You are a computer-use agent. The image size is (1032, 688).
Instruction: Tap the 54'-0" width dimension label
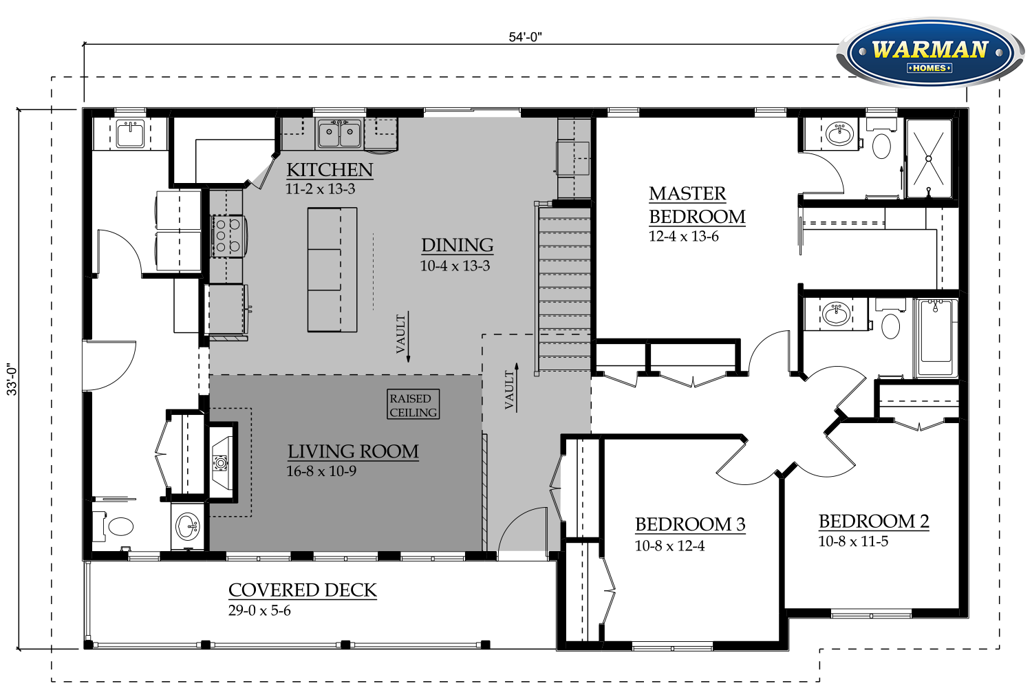click(x=525, y=37)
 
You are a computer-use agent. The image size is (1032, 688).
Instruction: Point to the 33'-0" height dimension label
click(x=12, y=380)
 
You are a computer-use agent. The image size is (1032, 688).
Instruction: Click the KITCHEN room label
click(x=330, y=169)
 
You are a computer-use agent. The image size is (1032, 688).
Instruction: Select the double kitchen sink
click(x=340, y=133)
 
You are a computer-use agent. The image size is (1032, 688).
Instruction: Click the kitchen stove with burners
click(x=228, y=235)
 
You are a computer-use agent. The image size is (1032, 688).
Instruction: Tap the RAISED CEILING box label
click(x=413, y=405)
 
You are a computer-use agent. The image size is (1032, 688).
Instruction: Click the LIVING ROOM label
click(x=353, y=451)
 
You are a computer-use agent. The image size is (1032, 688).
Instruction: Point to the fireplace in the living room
click(x=222, y=462)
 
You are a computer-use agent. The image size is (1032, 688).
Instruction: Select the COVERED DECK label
click(x=303, y=590)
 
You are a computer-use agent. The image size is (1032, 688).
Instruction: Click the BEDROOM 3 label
click(x=690, y=524)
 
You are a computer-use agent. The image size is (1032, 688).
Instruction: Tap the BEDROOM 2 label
click(x=874, y=522)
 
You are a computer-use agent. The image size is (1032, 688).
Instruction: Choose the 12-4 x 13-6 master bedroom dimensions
click(x=684, y=237)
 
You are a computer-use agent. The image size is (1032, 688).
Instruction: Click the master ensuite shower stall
click(x=929, y=158)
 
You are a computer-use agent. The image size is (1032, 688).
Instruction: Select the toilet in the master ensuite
click(x=881, y=140)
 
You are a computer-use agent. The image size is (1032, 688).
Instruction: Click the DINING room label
click(x=458, y=245)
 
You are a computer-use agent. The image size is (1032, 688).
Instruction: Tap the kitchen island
click(x=332, y=270)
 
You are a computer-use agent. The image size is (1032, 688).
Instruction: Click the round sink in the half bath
click(x=188, y=527)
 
